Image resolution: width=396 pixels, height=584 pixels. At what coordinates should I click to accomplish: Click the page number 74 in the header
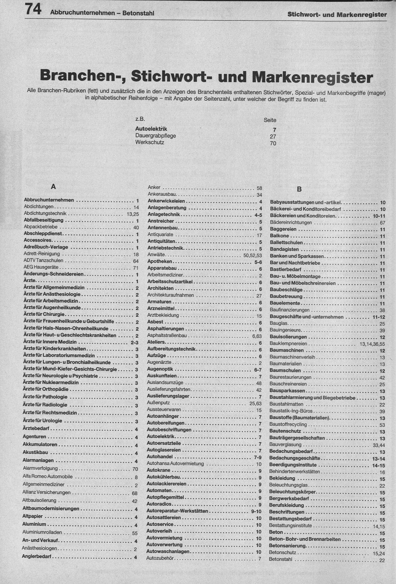33,10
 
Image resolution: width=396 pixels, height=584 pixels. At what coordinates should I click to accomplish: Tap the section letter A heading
53,187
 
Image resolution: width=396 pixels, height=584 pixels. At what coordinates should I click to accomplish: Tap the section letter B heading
299,189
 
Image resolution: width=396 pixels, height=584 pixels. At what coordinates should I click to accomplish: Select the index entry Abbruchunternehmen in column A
49,200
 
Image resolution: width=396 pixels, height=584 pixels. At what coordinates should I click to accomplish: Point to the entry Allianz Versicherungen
46,492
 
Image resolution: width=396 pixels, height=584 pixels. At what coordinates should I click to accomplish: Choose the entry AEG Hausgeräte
41,267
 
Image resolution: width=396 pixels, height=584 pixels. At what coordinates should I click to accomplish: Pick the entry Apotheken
160,261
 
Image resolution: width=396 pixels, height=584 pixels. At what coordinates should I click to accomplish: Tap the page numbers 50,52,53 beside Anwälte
253,255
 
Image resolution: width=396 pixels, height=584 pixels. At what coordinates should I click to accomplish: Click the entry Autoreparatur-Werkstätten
177,511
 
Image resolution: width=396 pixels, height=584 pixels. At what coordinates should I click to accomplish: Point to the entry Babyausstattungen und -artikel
306,202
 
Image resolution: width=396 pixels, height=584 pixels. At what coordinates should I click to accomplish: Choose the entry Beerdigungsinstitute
293,465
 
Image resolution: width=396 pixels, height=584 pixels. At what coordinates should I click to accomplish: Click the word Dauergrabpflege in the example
156,136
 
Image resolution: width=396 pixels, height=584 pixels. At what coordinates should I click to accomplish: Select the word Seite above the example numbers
270,120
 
